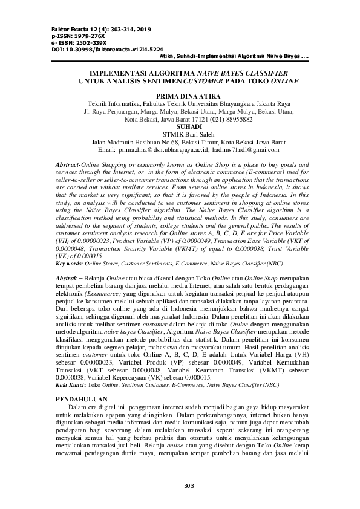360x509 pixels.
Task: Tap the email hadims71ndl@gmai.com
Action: pyautogui.click(x=250, y=148)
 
